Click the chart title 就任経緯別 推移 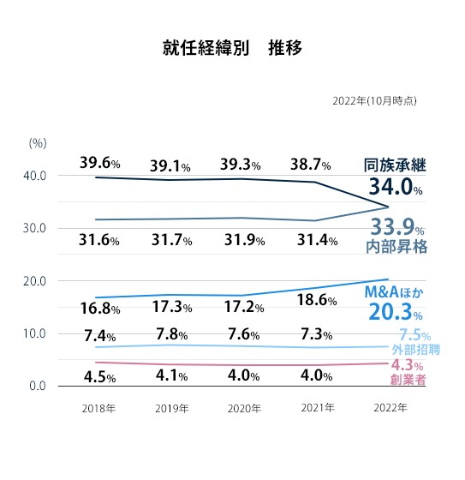tap(232, 47)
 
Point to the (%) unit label tap(37, 143)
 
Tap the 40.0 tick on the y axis tap(34, 176)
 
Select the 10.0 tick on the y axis tap(34, 333)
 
